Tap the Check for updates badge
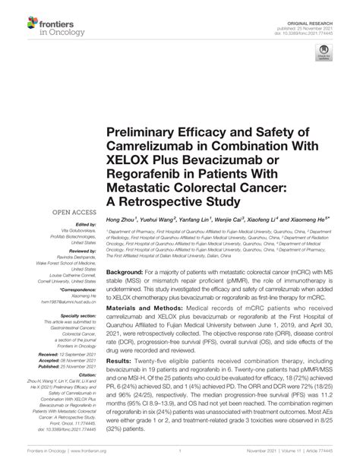coord(324,52)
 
